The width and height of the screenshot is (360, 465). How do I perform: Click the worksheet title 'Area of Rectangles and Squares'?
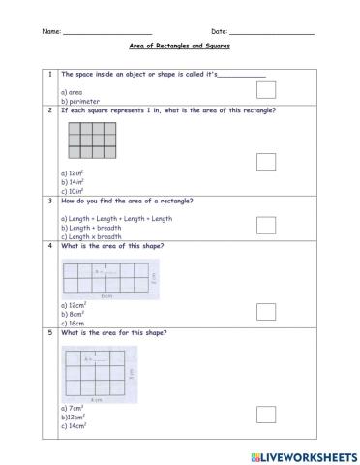(180, 46)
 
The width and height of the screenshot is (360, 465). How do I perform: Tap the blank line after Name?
(106, 32)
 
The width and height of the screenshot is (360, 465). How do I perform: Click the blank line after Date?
(271, 32)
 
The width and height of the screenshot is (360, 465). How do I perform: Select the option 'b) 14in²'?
(75, 181)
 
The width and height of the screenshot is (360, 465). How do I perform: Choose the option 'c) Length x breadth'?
(92, 236)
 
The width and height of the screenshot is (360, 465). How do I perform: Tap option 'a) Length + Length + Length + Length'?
(116, 219)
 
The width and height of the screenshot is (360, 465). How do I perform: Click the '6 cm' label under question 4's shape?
(104, 295)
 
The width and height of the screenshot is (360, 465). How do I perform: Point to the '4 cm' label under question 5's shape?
(96, 399)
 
